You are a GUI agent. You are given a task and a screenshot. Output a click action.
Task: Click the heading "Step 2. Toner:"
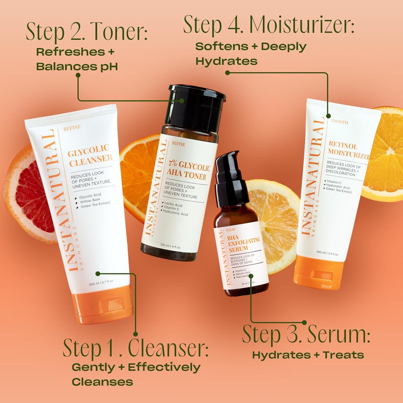click(x=86, y=31)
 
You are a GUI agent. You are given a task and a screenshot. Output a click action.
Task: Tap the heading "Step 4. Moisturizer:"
click(x=268, y=25)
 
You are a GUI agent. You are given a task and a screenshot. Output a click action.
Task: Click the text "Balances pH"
click(x=77, y=67)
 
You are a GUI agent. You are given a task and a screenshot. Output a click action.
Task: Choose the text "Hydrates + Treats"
click(x=308, y=355)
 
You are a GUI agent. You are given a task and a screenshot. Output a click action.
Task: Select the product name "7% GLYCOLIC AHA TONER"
click(x=188, y=170)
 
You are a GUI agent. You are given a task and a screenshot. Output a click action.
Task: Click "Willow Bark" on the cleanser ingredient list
click(x=90, y=200)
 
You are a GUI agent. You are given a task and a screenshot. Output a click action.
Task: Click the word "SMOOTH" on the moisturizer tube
click(x=339, y=122)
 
